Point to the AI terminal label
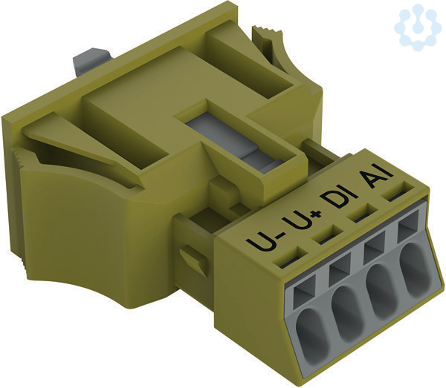tap(376, 177)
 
